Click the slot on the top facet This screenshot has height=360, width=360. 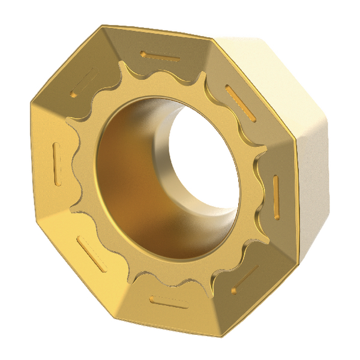point(160,56)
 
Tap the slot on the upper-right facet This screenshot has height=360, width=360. point(241,98)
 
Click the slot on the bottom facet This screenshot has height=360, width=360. point(169,302)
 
